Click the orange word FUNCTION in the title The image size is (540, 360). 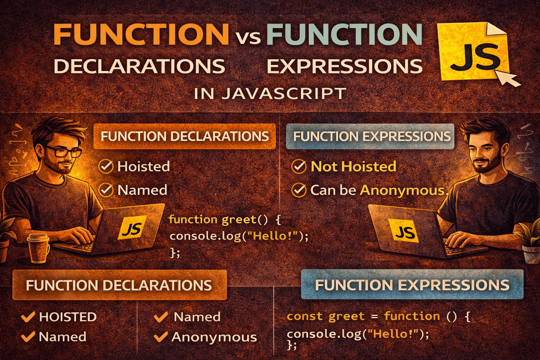tap(141, 34)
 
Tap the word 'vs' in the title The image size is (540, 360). tap(248, 37)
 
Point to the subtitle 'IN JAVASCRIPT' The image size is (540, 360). tap(270, 94)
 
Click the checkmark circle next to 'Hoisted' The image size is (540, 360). tap(105, 167)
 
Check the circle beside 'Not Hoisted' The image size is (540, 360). tap(299, 167)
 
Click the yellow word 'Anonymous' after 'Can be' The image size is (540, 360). tap(402, 190)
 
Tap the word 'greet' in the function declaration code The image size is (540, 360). tap(239, 220)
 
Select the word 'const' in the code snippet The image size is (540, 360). tap(304, 316)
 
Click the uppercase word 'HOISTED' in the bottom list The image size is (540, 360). tap(67, 317)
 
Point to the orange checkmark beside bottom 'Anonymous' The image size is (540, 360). tap(161, 337)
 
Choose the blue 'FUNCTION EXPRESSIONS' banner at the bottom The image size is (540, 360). tap(412, 285)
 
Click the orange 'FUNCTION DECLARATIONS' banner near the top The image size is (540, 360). tap(185, 136)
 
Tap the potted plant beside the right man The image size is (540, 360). tap(531, 243)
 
